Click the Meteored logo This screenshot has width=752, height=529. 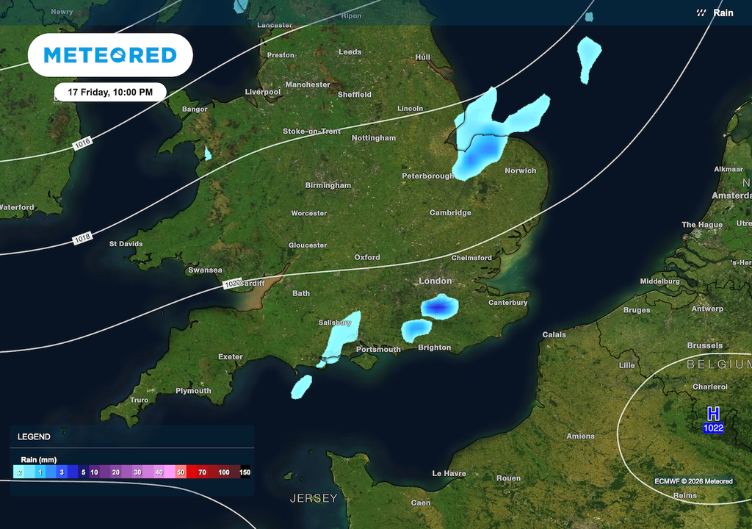[110, 55]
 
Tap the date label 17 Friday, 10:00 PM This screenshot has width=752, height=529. [110, 93]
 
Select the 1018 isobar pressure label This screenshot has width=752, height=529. [82, 239]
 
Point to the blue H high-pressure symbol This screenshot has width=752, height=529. [712, 414]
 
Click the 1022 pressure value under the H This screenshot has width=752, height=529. [713, 428]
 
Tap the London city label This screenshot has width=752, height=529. [435, 281]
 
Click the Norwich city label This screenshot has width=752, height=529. [520, 170]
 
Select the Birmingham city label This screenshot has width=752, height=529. [328, 185]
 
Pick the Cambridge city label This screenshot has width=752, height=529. [450, 213]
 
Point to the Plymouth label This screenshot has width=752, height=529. [193, 391]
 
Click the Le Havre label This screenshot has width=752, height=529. [449, 474]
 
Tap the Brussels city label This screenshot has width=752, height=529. [705, 345]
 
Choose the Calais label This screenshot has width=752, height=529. [554, 334]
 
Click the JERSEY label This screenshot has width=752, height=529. [314, 498]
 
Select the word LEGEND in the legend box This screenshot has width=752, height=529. [34, 436]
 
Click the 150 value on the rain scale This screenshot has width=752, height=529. [245, 472]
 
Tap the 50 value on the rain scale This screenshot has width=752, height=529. [181, 472]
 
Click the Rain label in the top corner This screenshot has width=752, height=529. [723, 12]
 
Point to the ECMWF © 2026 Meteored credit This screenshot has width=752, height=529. [693, 481]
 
